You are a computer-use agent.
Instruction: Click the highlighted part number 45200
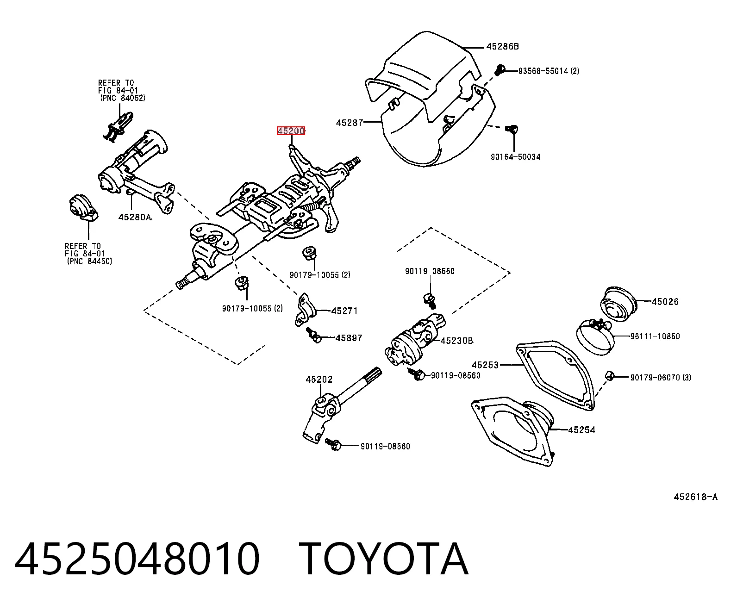[291, 131]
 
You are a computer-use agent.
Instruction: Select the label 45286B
[503, 46]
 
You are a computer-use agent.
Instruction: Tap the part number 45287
[350, 123]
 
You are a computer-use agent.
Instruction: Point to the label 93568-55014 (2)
[549, 71]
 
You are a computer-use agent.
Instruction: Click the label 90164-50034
[516, 157]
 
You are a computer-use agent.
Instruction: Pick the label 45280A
[135, 217]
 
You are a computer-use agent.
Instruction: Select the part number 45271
[344, 311]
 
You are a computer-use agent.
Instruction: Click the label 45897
[349, 338]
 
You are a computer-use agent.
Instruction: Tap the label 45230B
[457, 341]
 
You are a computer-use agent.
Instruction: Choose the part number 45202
[319, 380]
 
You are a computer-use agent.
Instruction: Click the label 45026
[665, 301]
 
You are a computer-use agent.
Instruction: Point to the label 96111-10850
[655, 336]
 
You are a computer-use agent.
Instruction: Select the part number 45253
[485, 365]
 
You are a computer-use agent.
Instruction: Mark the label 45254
[582, 430]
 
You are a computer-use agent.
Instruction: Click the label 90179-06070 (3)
[661, 377]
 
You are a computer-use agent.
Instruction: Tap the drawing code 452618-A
[696, 497]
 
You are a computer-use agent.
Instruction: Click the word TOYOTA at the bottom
[384, 559]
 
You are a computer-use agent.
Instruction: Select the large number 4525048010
[137, 559]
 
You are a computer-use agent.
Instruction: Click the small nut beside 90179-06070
[609, 376]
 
